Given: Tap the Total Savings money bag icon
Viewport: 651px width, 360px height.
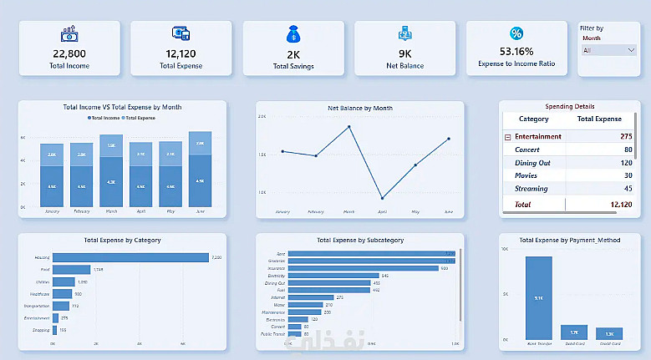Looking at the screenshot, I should [x=292, y=34].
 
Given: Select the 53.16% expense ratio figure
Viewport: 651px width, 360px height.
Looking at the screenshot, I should [x=516, y=52].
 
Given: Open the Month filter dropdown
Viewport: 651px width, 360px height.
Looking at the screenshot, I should [x=608, y=50].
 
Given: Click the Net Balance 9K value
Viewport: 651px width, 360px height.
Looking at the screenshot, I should [x=404, y=53].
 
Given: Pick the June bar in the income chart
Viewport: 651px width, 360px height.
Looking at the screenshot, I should [x=200, y=170].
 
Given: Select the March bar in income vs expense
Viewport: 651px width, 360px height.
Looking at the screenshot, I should [x=111, y=171].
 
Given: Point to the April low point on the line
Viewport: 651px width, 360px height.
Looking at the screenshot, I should [x=382, y=198].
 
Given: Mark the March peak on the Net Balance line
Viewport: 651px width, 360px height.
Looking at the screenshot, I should [x=349, y=127].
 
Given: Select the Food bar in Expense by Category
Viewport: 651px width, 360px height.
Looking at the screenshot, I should [x=71, y=269].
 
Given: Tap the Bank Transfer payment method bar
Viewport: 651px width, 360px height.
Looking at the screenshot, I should [x=538, y=297].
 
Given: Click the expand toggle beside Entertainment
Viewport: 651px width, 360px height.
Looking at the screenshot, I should [x=507, y=136].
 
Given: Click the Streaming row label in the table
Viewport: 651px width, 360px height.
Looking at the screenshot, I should [x=531, y=189].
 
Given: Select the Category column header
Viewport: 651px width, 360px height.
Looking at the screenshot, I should [x=533, y=119].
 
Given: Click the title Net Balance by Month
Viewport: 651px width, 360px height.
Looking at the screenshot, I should [x=359, y=108].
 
